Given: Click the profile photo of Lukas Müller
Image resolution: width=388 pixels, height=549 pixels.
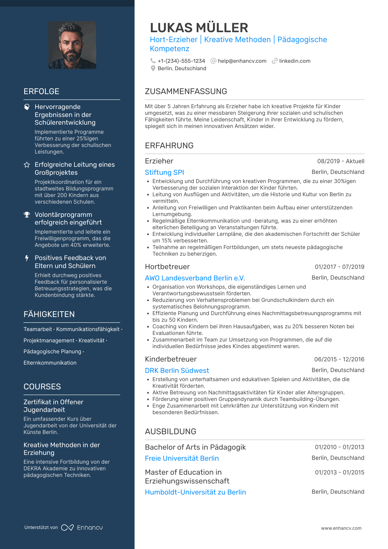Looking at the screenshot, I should coord(72,45).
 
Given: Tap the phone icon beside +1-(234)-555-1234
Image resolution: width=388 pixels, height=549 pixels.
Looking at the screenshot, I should coord(153,61).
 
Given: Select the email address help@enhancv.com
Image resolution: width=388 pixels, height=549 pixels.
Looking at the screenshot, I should coord(242,61).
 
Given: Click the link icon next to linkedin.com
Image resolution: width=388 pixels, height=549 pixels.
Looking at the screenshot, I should coord(274,61).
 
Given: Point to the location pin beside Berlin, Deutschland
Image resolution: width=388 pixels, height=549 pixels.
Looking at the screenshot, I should coord(153,68).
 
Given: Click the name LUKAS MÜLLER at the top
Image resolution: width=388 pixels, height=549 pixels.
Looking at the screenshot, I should coord(199,28).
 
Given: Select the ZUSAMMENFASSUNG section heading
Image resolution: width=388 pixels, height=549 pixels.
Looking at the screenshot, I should coord(186,91).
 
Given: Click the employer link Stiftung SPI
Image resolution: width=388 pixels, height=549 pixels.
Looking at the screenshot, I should coord(164,172).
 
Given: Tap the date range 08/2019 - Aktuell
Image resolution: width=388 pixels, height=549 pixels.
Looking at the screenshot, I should coord(341,161).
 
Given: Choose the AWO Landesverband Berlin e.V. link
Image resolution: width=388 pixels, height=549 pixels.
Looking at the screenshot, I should coord(195,278).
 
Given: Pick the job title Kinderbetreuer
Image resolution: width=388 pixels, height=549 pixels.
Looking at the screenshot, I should coord(171,359).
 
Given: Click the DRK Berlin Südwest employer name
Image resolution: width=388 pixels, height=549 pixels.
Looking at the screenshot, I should coord(177,370).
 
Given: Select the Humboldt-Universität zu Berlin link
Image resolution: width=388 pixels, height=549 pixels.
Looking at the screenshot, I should coord(195,492).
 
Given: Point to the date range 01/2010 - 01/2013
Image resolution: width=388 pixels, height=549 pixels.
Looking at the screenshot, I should coord(340,447).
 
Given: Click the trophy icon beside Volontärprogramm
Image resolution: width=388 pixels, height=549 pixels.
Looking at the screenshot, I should coord(27,215).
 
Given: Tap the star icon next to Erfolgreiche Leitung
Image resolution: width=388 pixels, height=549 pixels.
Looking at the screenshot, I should coord(27,165).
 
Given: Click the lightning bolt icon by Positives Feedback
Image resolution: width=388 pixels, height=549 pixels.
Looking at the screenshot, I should coord(27,258).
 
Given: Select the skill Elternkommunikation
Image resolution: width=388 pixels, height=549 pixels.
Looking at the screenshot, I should coord(50,363).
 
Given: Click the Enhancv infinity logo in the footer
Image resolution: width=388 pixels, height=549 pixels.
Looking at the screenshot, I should coord(67,528).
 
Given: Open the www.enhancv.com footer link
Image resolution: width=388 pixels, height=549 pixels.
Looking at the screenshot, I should coord(341,528).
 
